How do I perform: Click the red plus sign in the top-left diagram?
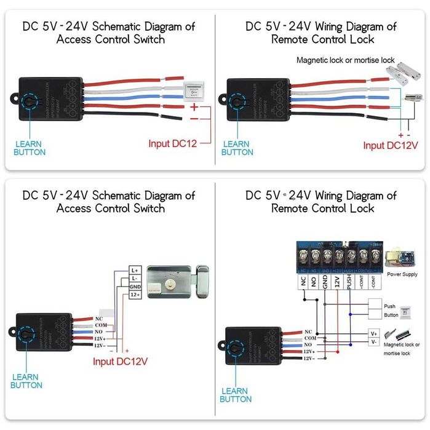pos(194,107)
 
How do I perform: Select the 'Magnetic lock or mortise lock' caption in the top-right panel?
pos(345,60)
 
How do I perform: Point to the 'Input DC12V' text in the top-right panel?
pos(390,145)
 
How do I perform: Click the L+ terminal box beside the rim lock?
pos(135,270)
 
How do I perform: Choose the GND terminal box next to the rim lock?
pos(135,287)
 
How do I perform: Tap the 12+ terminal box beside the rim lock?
pos(135,296)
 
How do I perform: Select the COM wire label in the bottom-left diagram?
pos(102,324)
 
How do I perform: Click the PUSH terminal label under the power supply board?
pos(349,282)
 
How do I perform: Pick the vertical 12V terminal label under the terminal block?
pos(336,282)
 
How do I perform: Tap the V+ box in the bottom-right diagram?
pos(373,333)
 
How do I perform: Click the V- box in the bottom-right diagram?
pos(373,342)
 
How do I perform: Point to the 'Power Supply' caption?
pos(402,274)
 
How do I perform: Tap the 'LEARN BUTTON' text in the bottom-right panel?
pos(236,395)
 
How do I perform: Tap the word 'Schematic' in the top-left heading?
pos(109,26)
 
